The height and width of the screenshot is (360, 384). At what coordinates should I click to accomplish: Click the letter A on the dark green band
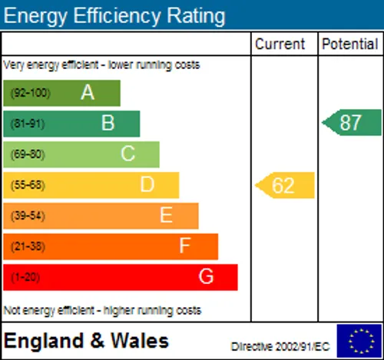point(88,92)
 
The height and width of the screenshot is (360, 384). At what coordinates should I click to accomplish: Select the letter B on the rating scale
point(108,123)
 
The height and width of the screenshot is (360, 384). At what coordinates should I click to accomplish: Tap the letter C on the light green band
point(127,154)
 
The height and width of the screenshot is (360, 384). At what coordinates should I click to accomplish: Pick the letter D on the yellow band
point(147,184)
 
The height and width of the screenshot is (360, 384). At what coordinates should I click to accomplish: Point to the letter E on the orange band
point(166,215)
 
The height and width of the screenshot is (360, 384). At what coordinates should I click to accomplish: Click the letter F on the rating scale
point(185,246)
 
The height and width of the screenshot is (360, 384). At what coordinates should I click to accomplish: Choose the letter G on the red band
point(206,276)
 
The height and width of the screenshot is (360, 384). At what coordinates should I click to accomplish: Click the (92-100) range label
point(31,93)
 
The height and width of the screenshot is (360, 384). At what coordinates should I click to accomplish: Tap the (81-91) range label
point(28,124)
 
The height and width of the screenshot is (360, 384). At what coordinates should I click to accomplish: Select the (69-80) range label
point(28,154)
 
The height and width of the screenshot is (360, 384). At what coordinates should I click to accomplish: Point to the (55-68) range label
point(28,185)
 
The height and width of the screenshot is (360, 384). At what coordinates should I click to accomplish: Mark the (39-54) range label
point(28,216)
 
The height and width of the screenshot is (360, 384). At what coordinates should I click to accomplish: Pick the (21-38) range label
point(28,246)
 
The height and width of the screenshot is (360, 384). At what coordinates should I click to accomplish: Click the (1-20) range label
point(25,277)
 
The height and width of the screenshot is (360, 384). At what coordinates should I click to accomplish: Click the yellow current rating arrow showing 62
point(285,185)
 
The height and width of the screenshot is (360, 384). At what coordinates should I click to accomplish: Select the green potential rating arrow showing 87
point(352,123)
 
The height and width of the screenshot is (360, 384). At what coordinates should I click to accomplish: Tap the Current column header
point(280,44)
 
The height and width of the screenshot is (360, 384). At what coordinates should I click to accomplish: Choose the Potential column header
point(350,44)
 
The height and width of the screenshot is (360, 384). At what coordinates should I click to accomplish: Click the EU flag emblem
point(359,341)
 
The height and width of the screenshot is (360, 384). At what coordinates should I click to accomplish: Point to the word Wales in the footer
point(140,341)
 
